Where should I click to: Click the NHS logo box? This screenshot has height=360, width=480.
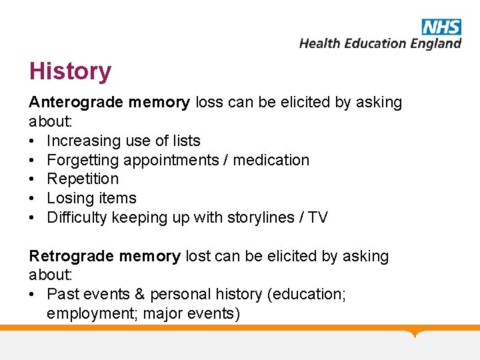pos(441,27)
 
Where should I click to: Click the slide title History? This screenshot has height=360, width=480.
pos(70,71)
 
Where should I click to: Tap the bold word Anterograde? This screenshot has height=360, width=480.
pos(75,103)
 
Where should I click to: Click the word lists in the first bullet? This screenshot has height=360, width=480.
pos(186,141)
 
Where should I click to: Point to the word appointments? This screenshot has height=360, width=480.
pos(176,161)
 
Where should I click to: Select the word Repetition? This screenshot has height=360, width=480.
pos(83,179)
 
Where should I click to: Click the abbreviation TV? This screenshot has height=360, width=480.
pos(317,218)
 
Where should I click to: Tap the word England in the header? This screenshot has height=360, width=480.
pos(435,43)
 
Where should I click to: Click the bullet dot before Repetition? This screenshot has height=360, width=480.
pos(33,179)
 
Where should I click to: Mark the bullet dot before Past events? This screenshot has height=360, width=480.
pos(33,295)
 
